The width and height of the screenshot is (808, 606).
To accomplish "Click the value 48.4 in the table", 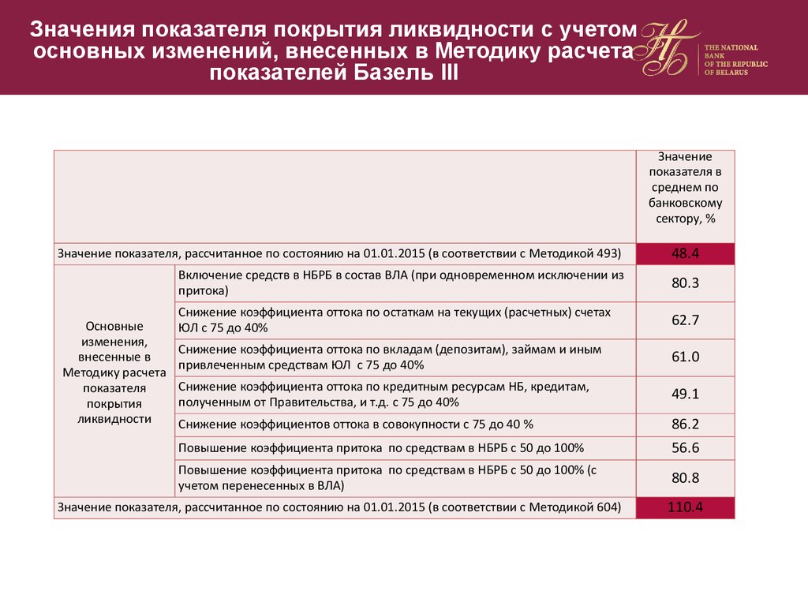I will [685, 254].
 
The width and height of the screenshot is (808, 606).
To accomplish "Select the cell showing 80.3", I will [685, 283].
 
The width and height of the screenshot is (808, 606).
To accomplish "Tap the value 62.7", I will [685, 320].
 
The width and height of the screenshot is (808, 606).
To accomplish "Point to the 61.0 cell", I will [685, 357].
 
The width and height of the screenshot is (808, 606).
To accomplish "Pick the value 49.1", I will [685, 395].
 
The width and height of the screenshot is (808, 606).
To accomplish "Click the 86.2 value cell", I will [685, 425].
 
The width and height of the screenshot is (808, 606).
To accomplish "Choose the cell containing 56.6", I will [685, 448].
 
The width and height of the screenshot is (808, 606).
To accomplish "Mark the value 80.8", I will [685, 478].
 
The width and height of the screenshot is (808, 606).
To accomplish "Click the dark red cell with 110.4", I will [685, 507].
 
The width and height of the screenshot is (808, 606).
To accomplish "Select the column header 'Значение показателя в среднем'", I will [685, 188].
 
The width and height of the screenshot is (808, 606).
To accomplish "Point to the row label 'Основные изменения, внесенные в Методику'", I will [114, 372].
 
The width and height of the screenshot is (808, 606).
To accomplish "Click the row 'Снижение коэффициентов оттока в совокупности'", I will [357, 425].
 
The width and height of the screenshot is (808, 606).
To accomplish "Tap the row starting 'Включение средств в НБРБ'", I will [401, 283].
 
